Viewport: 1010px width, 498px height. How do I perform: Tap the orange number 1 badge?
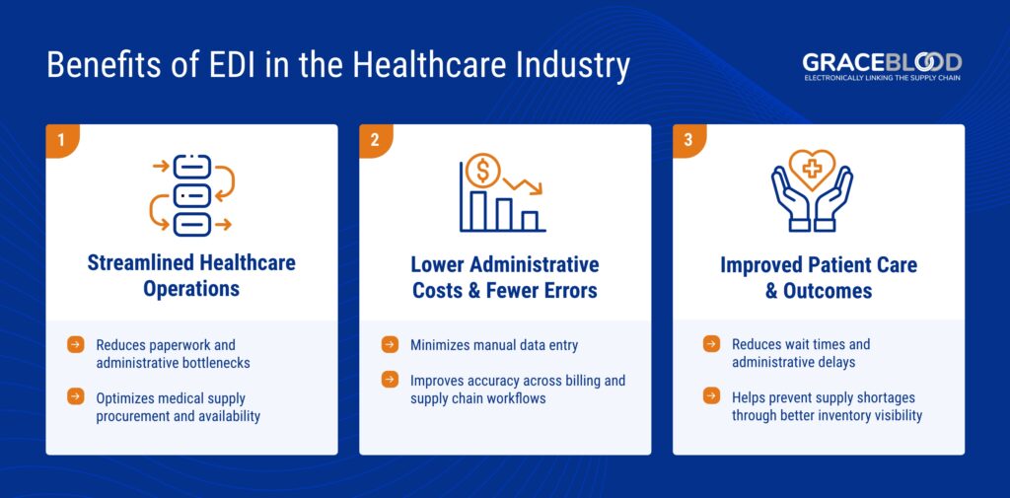(61, 140)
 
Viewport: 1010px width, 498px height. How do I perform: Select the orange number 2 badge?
(375, 140)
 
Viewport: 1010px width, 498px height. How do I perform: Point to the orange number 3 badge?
(688, 140)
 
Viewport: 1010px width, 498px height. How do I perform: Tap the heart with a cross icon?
(813, 170)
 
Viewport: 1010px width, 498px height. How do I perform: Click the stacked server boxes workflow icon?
(191, 195)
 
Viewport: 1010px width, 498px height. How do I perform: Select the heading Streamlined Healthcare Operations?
(191, 277)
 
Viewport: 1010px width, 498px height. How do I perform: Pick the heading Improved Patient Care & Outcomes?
(819, 277)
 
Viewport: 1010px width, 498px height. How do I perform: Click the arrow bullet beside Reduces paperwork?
(75, 345)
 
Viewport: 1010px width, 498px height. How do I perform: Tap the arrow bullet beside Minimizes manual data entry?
(390, 345)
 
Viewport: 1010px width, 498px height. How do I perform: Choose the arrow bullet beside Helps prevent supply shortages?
(711, 396)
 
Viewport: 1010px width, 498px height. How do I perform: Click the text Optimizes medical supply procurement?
(178, 406)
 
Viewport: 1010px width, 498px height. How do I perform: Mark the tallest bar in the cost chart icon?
(479, 209)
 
